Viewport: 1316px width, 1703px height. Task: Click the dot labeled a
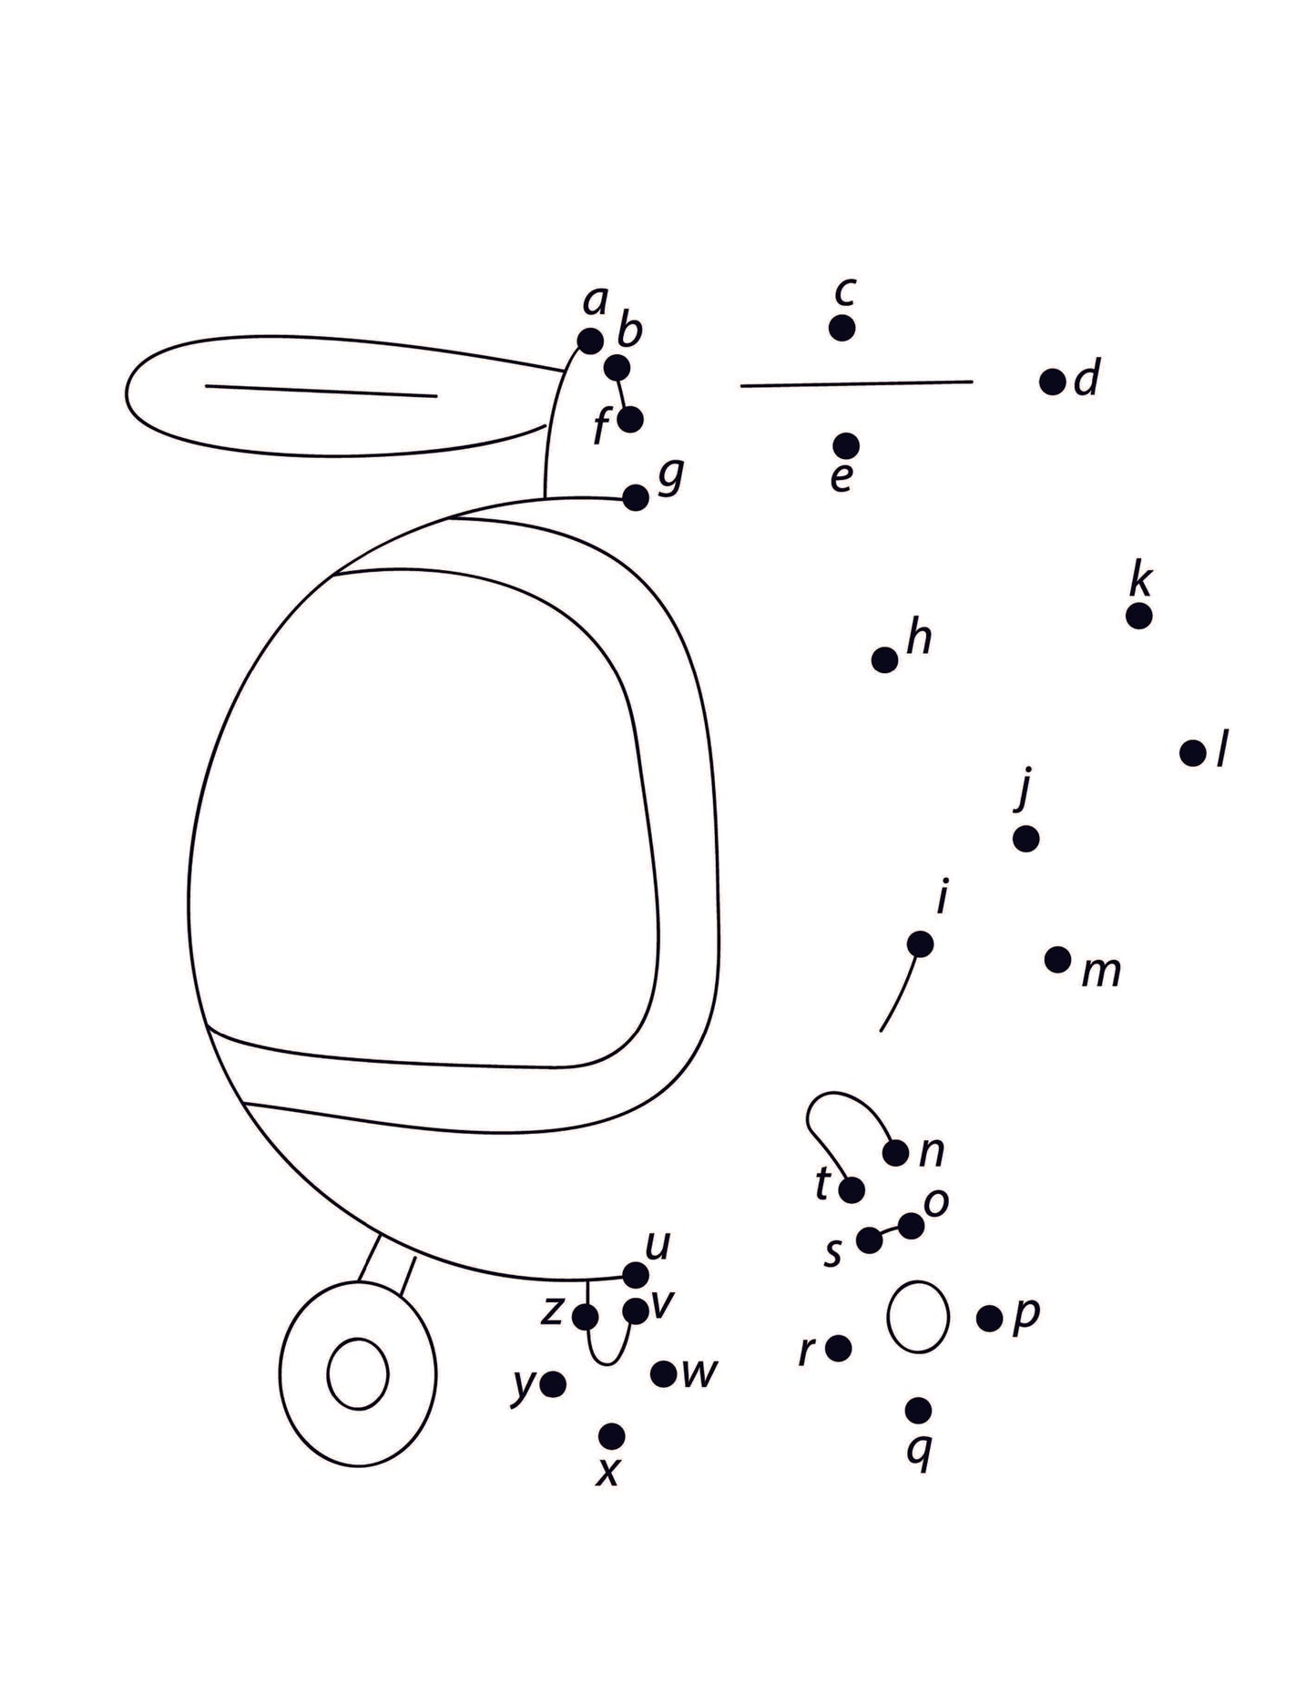(590, 342)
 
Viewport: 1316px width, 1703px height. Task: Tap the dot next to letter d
(1052, 382)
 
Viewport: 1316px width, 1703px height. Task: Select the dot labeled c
(842, 328)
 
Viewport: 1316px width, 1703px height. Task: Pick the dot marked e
(845, 445)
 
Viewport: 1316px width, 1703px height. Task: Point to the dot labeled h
(884, 659)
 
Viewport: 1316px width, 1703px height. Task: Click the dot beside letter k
(1138, 616)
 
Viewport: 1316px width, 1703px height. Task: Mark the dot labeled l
(1192, 753)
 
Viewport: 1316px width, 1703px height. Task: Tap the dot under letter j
(1025, 839)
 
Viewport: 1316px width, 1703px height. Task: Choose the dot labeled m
(1057, 959)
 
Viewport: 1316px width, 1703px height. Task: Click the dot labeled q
(918, 1411)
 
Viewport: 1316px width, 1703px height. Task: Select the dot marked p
(989, 1318)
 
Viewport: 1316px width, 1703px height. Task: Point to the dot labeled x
(612, 1436)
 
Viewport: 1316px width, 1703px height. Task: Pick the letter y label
(523, 1385)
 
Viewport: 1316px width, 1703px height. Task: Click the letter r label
(805, 1351)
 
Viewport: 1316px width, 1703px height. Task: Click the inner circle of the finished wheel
(358, 1373)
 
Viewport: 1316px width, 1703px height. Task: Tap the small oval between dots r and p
(918, 1317)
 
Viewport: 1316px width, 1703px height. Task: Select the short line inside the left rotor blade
(321, 391)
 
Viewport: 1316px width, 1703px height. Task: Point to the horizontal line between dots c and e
(856, 383)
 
